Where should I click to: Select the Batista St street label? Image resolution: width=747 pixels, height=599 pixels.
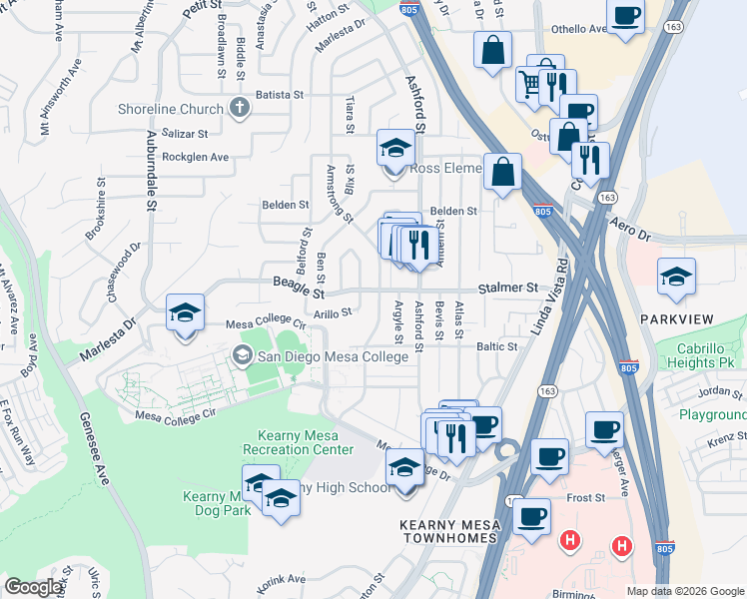click(281, 95)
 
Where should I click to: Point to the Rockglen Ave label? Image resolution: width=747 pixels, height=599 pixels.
click(196, 157)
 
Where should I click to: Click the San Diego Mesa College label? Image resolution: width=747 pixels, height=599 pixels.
click(333, 355)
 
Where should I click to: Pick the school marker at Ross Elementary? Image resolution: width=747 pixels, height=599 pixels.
click(395, 149)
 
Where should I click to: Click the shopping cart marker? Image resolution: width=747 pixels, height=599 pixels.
click(530, 84)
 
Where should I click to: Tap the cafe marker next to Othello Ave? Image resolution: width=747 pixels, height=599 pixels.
click(625, 16)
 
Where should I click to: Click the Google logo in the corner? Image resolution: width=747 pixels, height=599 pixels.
click(34, 586)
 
